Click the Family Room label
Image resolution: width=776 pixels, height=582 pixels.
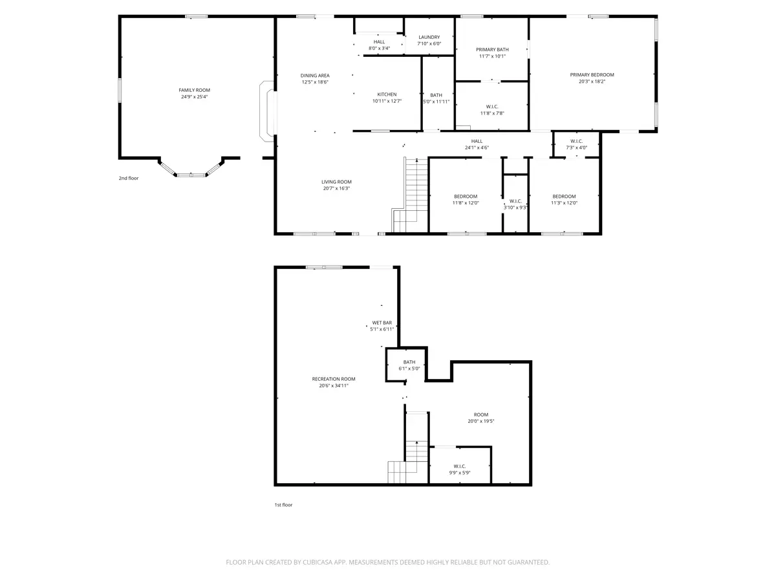tap(194, 90)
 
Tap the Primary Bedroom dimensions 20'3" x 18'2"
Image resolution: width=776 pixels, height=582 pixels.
tap(592, 81)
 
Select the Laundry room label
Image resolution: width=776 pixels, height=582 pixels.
tap(429, 37)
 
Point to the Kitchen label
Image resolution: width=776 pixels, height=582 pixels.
tap(387, 94)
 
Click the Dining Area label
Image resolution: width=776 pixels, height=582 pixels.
tap(315, 75)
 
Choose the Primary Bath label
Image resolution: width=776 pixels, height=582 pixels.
tap(492, 50)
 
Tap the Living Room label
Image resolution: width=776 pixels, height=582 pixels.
tap(336, 182)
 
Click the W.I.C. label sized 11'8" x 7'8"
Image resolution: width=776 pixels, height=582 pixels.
tap(491, 107)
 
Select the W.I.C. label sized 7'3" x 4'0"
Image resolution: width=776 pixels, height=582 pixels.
tap(576, 141)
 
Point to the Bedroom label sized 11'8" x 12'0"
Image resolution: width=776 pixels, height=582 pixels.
tap(465, 196)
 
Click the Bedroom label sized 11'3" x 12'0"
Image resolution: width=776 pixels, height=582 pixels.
tap(564, 196)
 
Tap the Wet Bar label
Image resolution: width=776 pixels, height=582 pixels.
tap(382, 323)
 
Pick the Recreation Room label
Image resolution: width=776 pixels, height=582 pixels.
tap(334, 379)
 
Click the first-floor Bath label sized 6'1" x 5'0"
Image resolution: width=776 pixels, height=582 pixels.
tap(409, 362)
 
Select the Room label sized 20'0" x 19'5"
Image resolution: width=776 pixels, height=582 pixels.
tap(481, 415)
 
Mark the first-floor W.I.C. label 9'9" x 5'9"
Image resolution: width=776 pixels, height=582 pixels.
tap(460, 466)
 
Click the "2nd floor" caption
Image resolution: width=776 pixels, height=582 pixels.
tap(128, 178)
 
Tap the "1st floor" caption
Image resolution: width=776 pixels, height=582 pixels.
tap(283, 504)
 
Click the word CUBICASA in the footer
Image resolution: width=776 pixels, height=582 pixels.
tap(317, 562)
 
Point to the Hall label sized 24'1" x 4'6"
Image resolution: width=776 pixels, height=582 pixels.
tap(477, 141)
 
